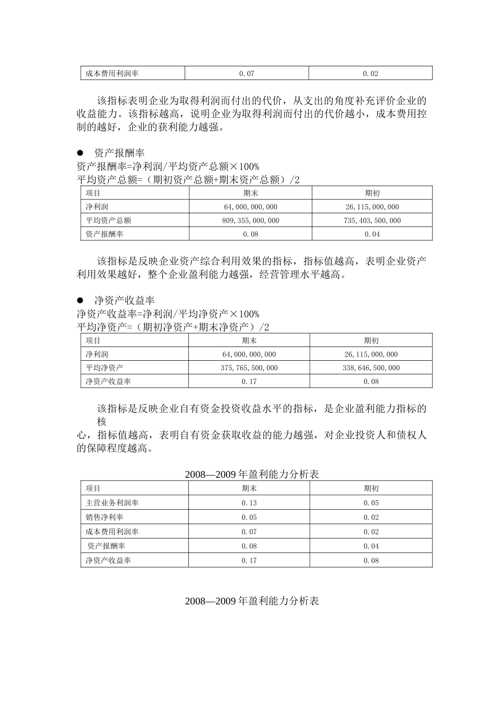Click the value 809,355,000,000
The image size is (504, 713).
pos(250,221)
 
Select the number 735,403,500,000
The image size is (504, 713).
pos(372,221)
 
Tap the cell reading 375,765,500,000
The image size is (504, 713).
pos(249,368)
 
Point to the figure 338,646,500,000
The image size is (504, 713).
pos(371,368)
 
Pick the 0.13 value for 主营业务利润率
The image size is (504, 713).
pos(249,503)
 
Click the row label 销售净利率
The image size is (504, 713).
pos(105,517)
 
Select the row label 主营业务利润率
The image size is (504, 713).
pos(112,503)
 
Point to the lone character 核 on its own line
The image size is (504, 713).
pos(102,422)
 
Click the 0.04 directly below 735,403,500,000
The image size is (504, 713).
pos(372,234)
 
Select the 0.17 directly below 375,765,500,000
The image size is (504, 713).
pos(249,382)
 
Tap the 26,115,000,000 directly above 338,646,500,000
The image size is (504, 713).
pos(371,354)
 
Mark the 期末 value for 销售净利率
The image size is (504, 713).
pos(249,517)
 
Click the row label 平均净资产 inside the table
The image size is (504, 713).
pos(105,368)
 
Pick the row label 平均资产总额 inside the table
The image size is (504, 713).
pos(108,221)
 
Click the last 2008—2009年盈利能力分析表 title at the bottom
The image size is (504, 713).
pos(252,602)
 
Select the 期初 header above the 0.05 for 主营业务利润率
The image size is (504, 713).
pos(371,489)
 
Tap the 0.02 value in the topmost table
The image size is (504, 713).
pos(370,74)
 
